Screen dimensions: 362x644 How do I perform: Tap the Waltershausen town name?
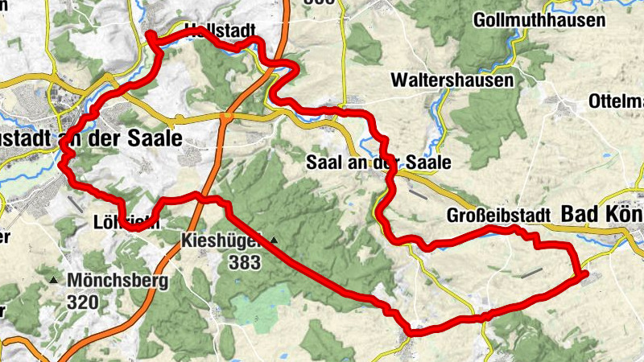coord(452,80)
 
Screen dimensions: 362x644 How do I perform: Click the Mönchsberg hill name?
coord(118,281)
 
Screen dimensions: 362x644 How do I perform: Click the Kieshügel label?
coord(223,240)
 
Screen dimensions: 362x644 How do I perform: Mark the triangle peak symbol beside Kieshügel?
coord(275,240)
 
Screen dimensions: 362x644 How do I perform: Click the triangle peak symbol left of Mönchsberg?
coord(54,281)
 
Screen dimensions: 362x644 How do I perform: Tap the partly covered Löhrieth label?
coord(137,222)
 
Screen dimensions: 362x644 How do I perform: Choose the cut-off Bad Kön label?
coord(601,215)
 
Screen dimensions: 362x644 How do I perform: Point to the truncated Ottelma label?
coord(616,101)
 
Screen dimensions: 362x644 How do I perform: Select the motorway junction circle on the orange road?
coord(228,117)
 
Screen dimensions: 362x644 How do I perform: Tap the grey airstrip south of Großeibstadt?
coord(531,274)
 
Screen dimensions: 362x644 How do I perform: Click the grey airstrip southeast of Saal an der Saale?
coord(418,193)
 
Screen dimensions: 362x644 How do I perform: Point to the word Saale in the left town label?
coord(155,138)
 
